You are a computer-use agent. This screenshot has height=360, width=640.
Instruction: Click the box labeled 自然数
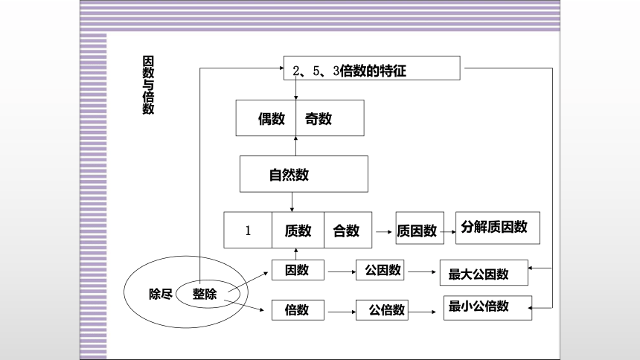(304, 174)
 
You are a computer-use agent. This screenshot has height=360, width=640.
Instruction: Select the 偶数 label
(272, 119)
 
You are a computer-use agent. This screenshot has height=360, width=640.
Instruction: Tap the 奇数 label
(319, 119)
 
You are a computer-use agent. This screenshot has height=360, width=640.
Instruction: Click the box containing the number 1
(248, 230)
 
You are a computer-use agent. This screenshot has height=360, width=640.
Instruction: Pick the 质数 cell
(298, 230)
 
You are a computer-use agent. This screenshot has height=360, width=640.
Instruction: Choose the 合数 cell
(348, 230)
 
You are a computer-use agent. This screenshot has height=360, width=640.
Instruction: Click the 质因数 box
(420, 228)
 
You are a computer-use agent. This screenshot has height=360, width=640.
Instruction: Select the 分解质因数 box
(498, 228)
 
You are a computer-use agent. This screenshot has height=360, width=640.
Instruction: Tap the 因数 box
(298, 270)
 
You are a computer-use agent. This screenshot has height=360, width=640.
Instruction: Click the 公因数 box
(380, 270)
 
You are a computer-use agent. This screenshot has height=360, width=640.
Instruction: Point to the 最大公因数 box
(484, 272)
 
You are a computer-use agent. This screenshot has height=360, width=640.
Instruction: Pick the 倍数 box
(298, 310)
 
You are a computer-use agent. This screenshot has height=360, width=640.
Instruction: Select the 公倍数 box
(382, 310)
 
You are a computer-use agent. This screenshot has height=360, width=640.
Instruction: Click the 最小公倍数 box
(487, 308)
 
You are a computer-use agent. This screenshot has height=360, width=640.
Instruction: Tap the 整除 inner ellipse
(176, 294)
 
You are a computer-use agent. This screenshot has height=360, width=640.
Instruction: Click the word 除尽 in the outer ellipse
(161, 294)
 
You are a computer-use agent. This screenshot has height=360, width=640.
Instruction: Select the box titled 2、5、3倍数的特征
(372, 68)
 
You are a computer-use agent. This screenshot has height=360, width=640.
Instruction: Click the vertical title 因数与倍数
(148, 85)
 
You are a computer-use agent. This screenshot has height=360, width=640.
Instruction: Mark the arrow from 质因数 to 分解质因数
(448, 232)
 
